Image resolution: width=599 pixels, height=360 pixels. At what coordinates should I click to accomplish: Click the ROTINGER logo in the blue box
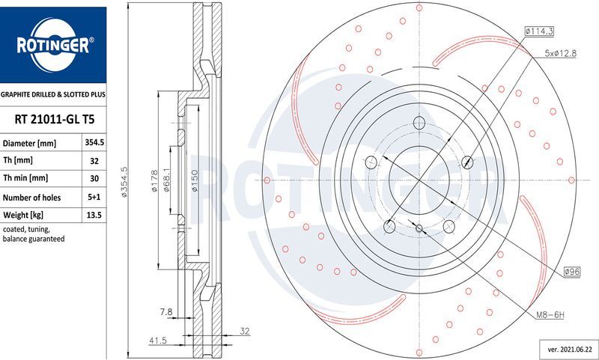click(x=54, y=46)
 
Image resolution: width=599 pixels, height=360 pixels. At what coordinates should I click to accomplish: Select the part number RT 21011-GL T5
click(x=54, y=119)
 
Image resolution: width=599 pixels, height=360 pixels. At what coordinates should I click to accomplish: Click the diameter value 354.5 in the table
click(x=94, y=142)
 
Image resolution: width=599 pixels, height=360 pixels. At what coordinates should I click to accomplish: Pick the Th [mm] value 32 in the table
click(x=94, y=160)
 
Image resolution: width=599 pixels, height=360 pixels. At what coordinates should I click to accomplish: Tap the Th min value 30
click(x=94, y=178)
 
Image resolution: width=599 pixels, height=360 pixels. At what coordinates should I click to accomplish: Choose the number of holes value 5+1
click(x=94, y=196)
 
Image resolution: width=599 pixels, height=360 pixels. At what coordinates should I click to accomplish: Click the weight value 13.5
click(x=94, y=215)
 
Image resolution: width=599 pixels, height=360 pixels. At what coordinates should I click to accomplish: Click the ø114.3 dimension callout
click(x=538, y=31)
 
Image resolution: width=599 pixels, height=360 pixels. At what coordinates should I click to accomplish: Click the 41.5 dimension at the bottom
click(x=156, y=340)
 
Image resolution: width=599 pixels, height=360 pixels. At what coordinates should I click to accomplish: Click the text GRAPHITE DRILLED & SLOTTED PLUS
click(x=53, y=96)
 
